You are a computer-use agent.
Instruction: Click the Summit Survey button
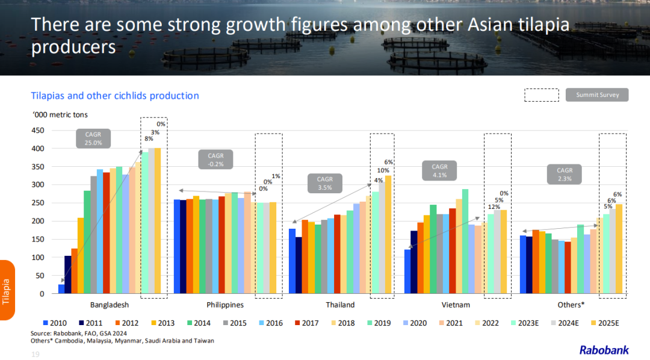coord(596,95)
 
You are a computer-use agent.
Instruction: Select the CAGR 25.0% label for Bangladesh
coord(93,138)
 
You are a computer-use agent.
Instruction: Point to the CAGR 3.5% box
coord(325,184)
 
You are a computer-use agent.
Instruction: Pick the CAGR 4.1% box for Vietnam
coord(439,171)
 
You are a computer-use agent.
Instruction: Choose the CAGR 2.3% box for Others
coord(565,175)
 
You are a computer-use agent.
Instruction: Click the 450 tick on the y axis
coord(37,130)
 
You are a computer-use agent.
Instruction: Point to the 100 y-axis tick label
coord(37,258)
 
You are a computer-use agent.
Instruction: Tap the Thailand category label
coord(340,305)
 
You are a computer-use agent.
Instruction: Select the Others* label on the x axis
coord(572,305)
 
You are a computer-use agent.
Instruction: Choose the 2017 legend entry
coord(306,323)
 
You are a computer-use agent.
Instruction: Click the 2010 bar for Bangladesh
coord(61,289)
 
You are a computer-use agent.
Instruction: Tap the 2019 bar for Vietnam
coord(465,241)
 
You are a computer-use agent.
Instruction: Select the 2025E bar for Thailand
coord(388,235)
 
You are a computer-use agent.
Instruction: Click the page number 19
coord(34,355)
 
